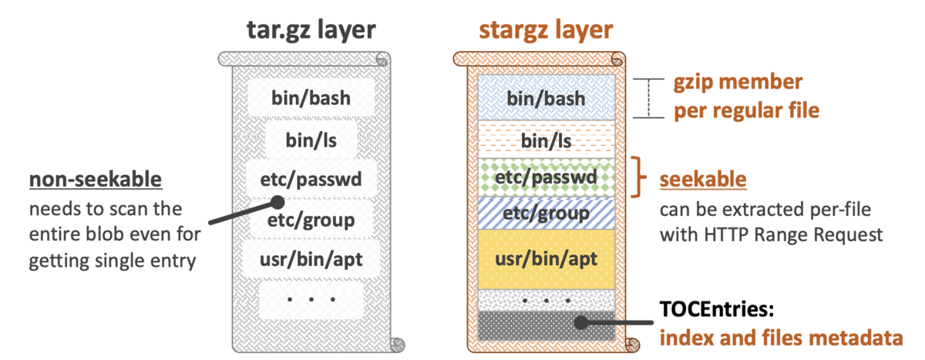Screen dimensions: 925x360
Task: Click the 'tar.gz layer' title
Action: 311,31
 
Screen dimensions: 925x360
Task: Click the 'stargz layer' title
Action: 546,31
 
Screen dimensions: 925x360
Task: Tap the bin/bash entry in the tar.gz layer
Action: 311,98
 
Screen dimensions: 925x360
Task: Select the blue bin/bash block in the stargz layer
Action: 546,98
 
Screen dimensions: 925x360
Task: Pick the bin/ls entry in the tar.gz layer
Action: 311,140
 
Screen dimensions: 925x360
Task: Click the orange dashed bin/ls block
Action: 546,140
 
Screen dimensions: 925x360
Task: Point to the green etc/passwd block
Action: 546,177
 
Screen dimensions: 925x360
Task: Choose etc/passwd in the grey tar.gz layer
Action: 311,179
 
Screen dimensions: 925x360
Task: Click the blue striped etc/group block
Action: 546,213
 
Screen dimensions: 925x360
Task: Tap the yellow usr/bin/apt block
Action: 546,259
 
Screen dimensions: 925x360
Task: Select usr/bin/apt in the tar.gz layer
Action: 311,259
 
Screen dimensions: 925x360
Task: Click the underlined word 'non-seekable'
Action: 96,179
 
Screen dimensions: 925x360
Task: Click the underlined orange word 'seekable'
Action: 703,179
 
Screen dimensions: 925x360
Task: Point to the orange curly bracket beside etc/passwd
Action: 638,177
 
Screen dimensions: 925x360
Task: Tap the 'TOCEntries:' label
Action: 716,309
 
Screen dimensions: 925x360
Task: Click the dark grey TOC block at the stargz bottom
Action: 546,326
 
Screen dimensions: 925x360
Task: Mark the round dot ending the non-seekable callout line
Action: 278,202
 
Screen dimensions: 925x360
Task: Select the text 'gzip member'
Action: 738,82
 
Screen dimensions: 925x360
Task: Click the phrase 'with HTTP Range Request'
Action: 771,234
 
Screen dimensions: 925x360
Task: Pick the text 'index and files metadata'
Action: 782,338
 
